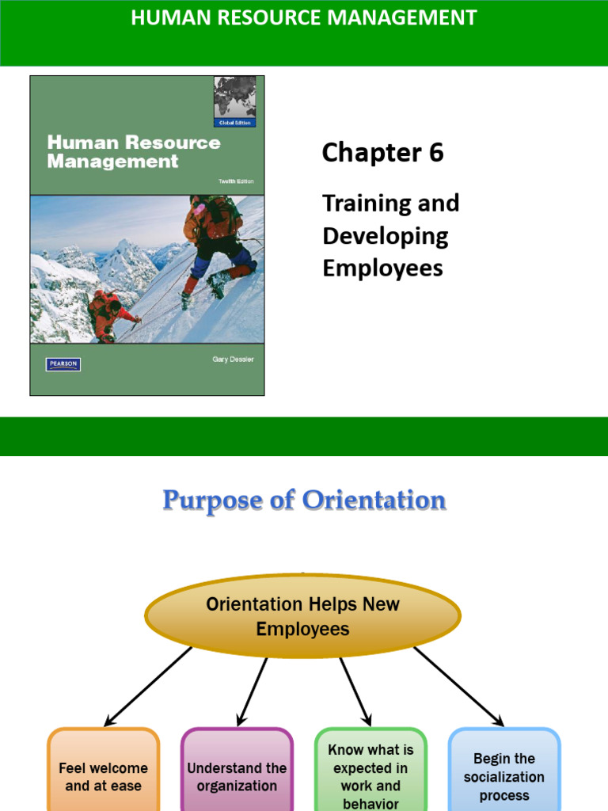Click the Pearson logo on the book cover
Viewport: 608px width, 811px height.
(x=63, y=364)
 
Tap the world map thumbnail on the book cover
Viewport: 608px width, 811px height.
(x=234, y=97)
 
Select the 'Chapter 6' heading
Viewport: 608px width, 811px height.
(x=382, y=153)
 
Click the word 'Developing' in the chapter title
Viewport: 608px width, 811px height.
(x=386, y=236)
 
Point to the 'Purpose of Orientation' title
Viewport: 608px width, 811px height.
(x=304, y=501)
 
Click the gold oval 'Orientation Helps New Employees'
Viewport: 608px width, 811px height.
(x=302, y=616)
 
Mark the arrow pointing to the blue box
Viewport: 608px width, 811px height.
(x=458, y=686)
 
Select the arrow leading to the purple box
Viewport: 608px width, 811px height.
(x=252, y=689)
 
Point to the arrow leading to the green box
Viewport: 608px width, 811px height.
(x=355, y=689)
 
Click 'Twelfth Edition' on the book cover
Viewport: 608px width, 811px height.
(x=236, y=182)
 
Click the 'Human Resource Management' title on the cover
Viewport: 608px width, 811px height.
(x=133, y=152)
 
